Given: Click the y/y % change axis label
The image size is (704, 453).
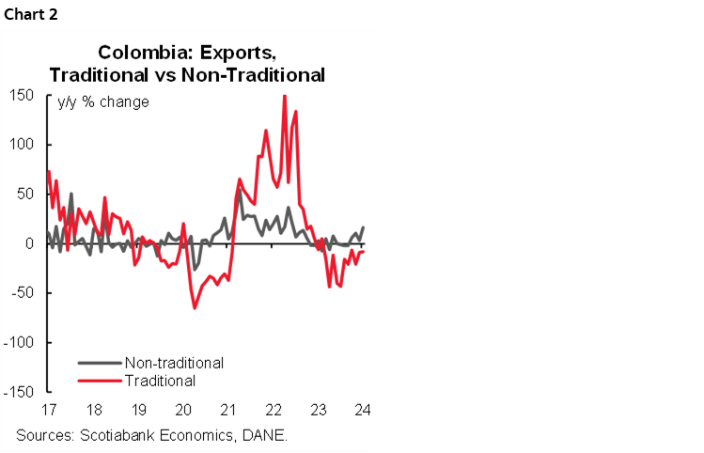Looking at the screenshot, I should (103, 102).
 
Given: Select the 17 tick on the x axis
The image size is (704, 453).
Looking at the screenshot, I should (46, 410).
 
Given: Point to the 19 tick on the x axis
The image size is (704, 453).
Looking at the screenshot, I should (137, 410).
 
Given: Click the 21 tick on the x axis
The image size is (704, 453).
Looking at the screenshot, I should (227, 410).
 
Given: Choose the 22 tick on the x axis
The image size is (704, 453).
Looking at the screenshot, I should (273, 410).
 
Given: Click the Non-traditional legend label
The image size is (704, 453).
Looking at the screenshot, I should (173, 362).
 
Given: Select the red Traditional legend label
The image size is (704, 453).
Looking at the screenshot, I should (159, 381).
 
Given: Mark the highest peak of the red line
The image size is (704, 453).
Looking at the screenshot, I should (284, 96).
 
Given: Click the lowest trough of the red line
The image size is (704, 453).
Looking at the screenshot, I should (195, 307).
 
